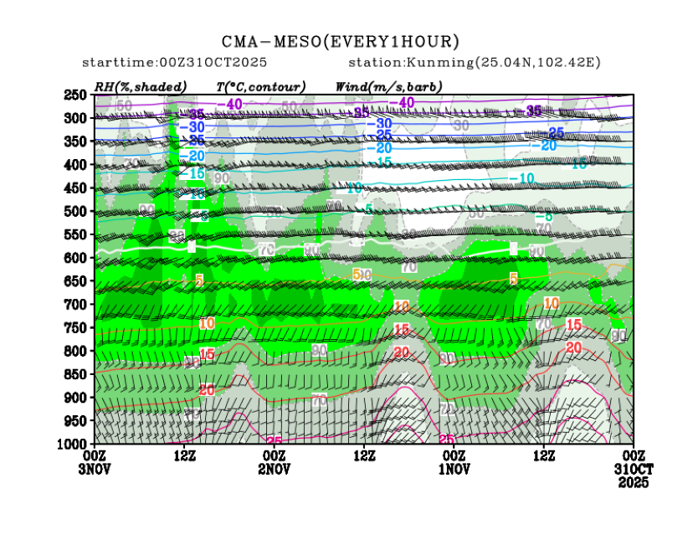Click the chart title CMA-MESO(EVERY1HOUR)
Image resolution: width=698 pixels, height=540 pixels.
[x=340, y=41]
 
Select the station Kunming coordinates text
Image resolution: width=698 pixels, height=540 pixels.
[x=475, y=63]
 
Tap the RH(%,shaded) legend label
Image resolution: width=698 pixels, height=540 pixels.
[x=141, y=86]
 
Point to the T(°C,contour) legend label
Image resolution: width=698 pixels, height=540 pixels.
[x=261, y=86]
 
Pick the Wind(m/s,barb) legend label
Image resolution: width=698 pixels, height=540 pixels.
[x=388, y=86]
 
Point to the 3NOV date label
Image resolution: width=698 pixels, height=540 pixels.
[x=95, y=468]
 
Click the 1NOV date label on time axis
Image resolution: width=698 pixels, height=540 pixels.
[x=453, y=468]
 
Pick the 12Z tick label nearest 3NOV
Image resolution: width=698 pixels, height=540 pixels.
[x=184, y=455]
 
